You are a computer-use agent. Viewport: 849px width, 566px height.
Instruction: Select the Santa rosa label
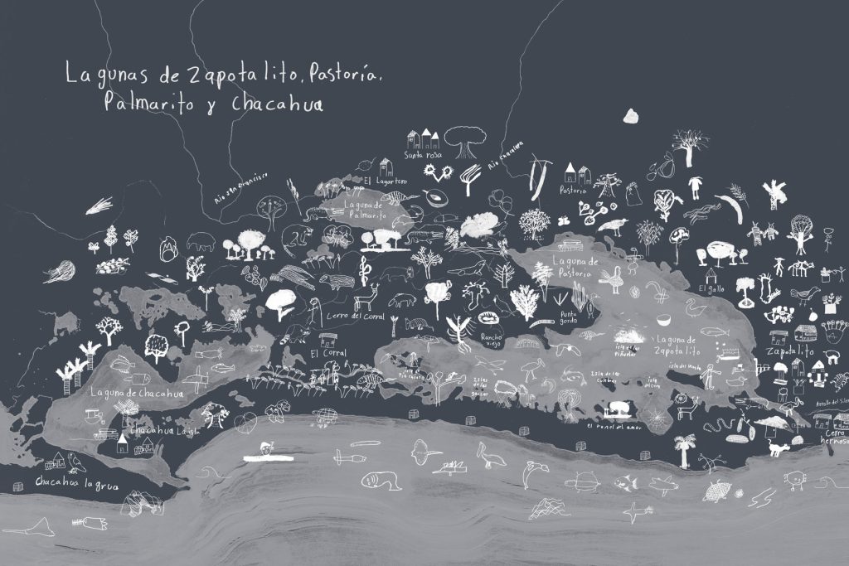click(423, 155)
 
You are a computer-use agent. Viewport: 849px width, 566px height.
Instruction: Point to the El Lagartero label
click(382, 180)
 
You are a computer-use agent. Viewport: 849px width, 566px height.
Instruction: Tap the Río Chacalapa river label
click(507, 157)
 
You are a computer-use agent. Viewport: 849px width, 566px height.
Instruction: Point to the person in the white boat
click(264, 448)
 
